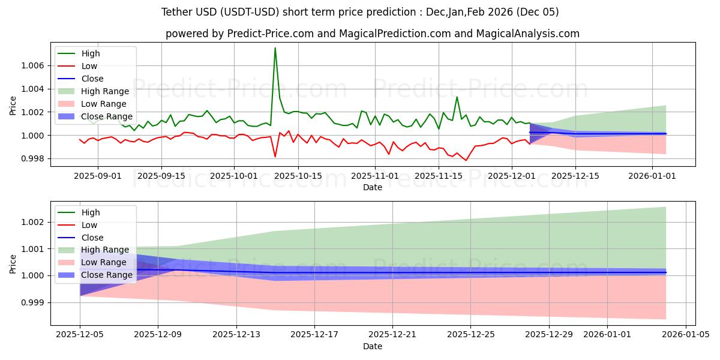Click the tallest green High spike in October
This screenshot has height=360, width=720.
[275, 48]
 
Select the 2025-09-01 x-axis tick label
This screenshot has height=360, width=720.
[98, 176]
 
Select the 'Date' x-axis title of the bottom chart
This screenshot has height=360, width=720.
[373, 347]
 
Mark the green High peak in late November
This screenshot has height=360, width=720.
[457, 97]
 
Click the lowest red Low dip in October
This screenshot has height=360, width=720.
[275, 157]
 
